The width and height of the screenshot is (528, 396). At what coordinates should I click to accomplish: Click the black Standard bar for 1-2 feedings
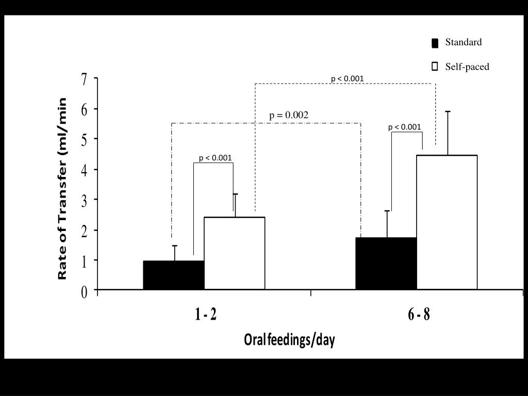[174, 275]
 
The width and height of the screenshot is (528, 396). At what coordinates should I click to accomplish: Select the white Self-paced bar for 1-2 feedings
[235, 253]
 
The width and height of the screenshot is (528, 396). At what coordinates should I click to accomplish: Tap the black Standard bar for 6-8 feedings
[386, 263]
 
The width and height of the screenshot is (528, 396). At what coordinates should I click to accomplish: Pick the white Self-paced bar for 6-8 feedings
[447, 222]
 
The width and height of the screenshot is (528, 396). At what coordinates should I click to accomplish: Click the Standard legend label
[464, 42]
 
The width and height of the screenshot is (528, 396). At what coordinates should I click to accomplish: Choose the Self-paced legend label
[467, 67]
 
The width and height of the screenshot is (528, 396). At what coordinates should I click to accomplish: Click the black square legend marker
[435, 43]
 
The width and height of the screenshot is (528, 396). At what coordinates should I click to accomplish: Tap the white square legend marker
[435, 67]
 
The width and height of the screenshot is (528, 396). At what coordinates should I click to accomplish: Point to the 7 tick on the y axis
[84, 79]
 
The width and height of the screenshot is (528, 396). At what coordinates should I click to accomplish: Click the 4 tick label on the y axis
[84, 170]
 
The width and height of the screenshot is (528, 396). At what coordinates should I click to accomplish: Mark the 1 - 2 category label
[206, 315]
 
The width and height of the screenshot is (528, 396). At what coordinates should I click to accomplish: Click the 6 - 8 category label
[419, 315]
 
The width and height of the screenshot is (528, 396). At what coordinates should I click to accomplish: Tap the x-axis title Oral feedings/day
[289, 340]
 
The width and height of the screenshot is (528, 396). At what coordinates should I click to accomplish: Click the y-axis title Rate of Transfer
[63, 189]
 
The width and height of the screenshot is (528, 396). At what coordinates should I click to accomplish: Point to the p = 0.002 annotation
[289, 115]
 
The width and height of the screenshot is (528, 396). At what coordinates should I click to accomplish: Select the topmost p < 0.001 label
[347, 79]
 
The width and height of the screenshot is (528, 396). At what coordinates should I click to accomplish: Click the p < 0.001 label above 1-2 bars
[215, 158]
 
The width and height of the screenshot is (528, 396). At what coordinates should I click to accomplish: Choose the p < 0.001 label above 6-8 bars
[404, 127]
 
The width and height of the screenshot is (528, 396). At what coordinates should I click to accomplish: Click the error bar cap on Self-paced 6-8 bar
[448, 111]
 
